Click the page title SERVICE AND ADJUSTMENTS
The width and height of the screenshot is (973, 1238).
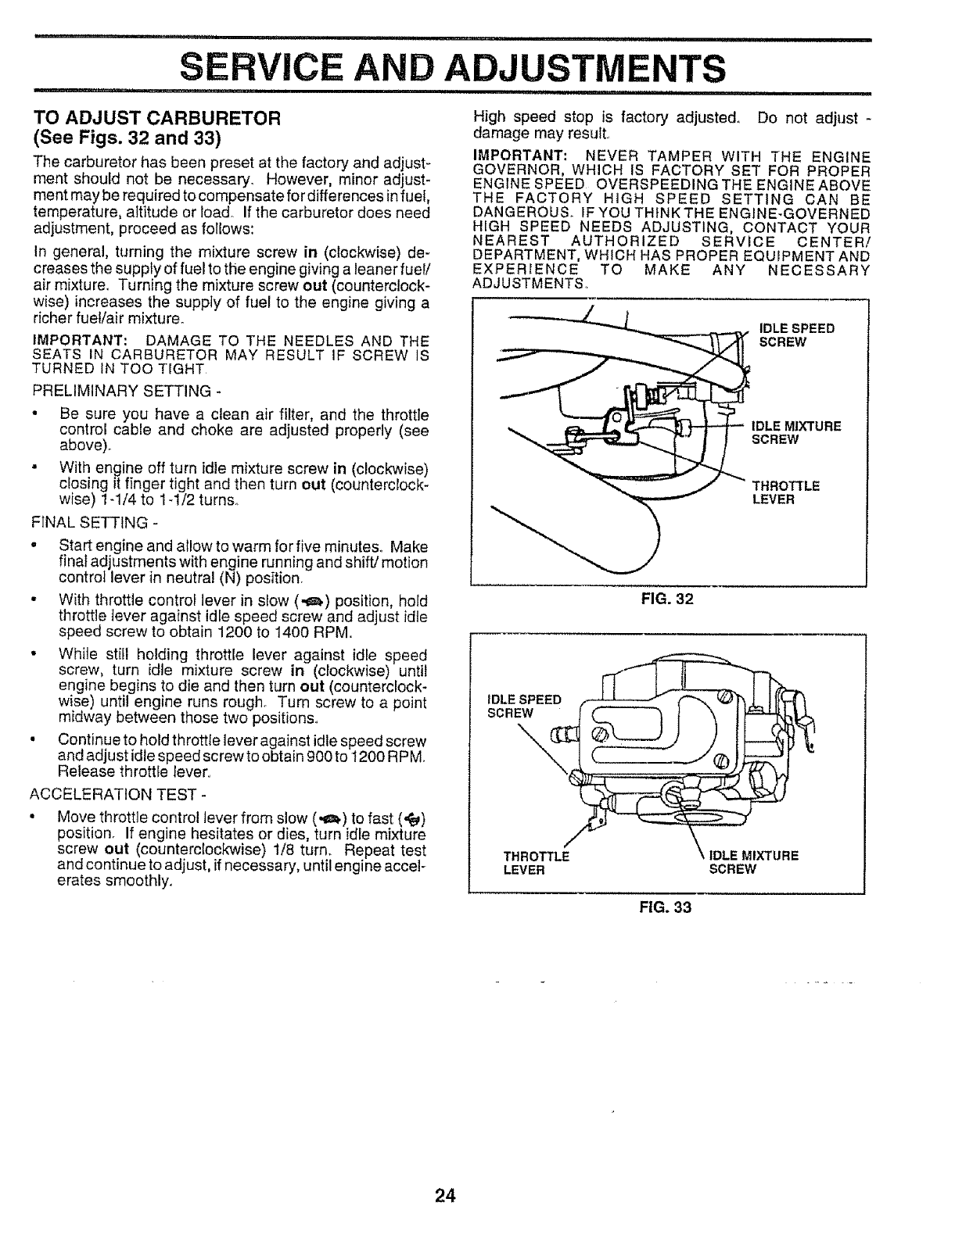[x=451, y=66]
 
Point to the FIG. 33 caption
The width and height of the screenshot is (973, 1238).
[x=666, y=907]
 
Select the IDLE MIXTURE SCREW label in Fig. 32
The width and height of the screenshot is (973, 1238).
[x=795, y=432]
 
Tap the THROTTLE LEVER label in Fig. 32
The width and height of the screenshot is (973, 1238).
[x=785, y=492]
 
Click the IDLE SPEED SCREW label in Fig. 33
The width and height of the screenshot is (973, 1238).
[x=523, y=706]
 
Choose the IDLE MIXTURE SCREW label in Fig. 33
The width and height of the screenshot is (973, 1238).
[x=752, y=862]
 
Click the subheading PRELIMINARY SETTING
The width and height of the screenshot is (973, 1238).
[x=121, y=390]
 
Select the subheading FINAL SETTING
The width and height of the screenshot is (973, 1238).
[x=96, y=522]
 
